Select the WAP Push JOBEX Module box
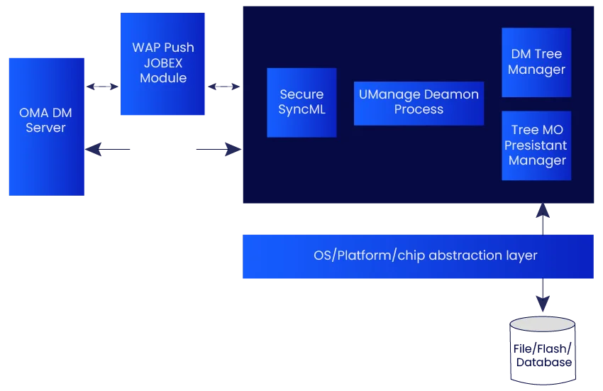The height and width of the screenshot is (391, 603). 164,64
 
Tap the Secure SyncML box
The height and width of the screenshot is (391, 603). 301,102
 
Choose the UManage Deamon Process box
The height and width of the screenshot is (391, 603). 419,102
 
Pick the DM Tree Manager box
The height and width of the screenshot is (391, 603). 536,62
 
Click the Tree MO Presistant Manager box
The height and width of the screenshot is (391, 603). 536,145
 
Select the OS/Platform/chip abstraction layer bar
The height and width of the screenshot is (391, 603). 417,256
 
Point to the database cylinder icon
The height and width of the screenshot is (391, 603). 542,348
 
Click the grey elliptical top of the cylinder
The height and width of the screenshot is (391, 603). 542,324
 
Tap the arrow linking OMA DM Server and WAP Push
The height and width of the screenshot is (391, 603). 102,86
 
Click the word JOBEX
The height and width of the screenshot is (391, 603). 163,63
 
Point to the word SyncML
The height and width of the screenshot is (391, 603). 301,109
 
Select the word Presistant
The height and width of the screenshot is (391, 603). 536,145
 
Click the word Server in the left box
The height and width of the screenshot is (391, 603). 45,128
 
